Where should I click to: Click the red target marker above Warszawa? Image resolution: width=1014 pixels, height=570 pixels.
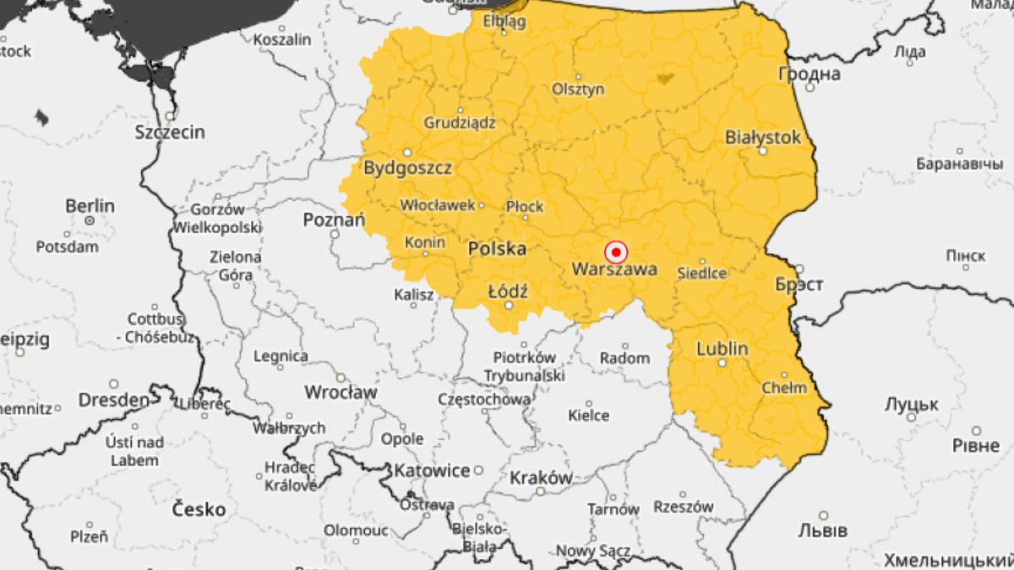616,252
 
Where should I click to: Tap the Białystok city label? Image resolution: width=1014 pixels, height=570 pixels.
762,136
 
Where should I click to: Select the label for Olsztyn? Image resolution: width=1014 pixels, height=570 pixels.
578,89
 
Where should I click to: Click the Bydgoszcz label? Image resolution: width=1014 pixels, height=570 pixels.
407,167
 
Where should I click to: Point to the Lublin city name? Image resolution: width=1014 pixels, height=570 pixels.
722,348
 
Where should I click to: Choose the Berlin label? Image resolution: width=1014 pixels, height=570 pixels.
90,206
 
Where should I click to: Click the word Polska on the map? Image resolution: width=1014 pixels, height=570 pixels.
497,248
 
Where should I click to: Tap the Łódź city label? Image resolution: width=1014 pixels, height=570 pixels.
508,291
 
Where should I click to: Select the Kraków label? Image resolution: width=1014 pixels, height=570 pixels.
541,477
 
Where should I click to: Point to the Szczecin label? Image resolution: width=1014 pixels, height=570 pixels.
170,132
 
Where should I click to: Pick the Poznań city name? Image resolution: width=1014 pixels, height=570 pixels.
334,220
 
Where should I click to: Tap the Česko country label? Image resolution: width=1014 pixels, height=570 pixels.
199,509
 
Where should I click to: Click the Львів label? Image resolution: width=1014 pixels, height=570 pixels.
822,530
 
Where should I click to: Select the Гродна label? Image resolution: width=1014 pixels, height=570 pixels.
809,74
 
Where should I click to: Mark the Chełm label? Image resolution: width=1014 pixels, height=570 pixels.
784,388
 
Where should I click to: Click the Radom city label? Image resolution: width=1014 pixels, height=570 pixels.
624,358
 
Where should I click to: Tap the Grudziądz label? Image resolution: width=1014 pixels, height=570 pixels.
460,122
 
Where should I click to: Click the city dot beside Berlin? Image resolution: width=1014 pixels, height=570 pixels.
90,220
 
